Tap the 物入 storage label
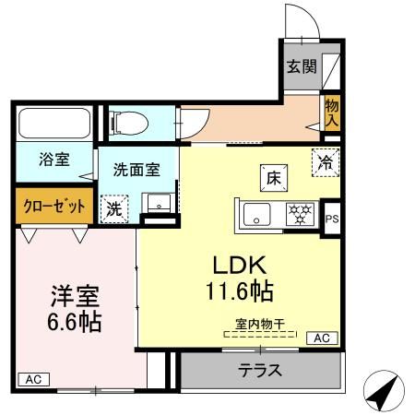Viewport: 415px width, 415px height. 331,112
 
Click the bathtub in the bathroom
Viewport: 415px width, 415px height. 53,124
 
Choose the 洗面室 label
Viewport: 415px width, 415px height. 136,170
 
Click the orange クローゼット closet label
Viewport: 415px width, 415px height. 53,205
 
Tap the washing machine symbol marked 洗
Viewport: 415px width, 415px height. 114,208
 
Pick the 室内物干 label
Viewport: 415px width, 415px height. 258,326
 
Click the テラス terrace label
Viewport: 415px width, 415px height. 259,373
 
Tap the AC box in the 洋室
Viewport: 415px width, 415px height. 31,379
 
